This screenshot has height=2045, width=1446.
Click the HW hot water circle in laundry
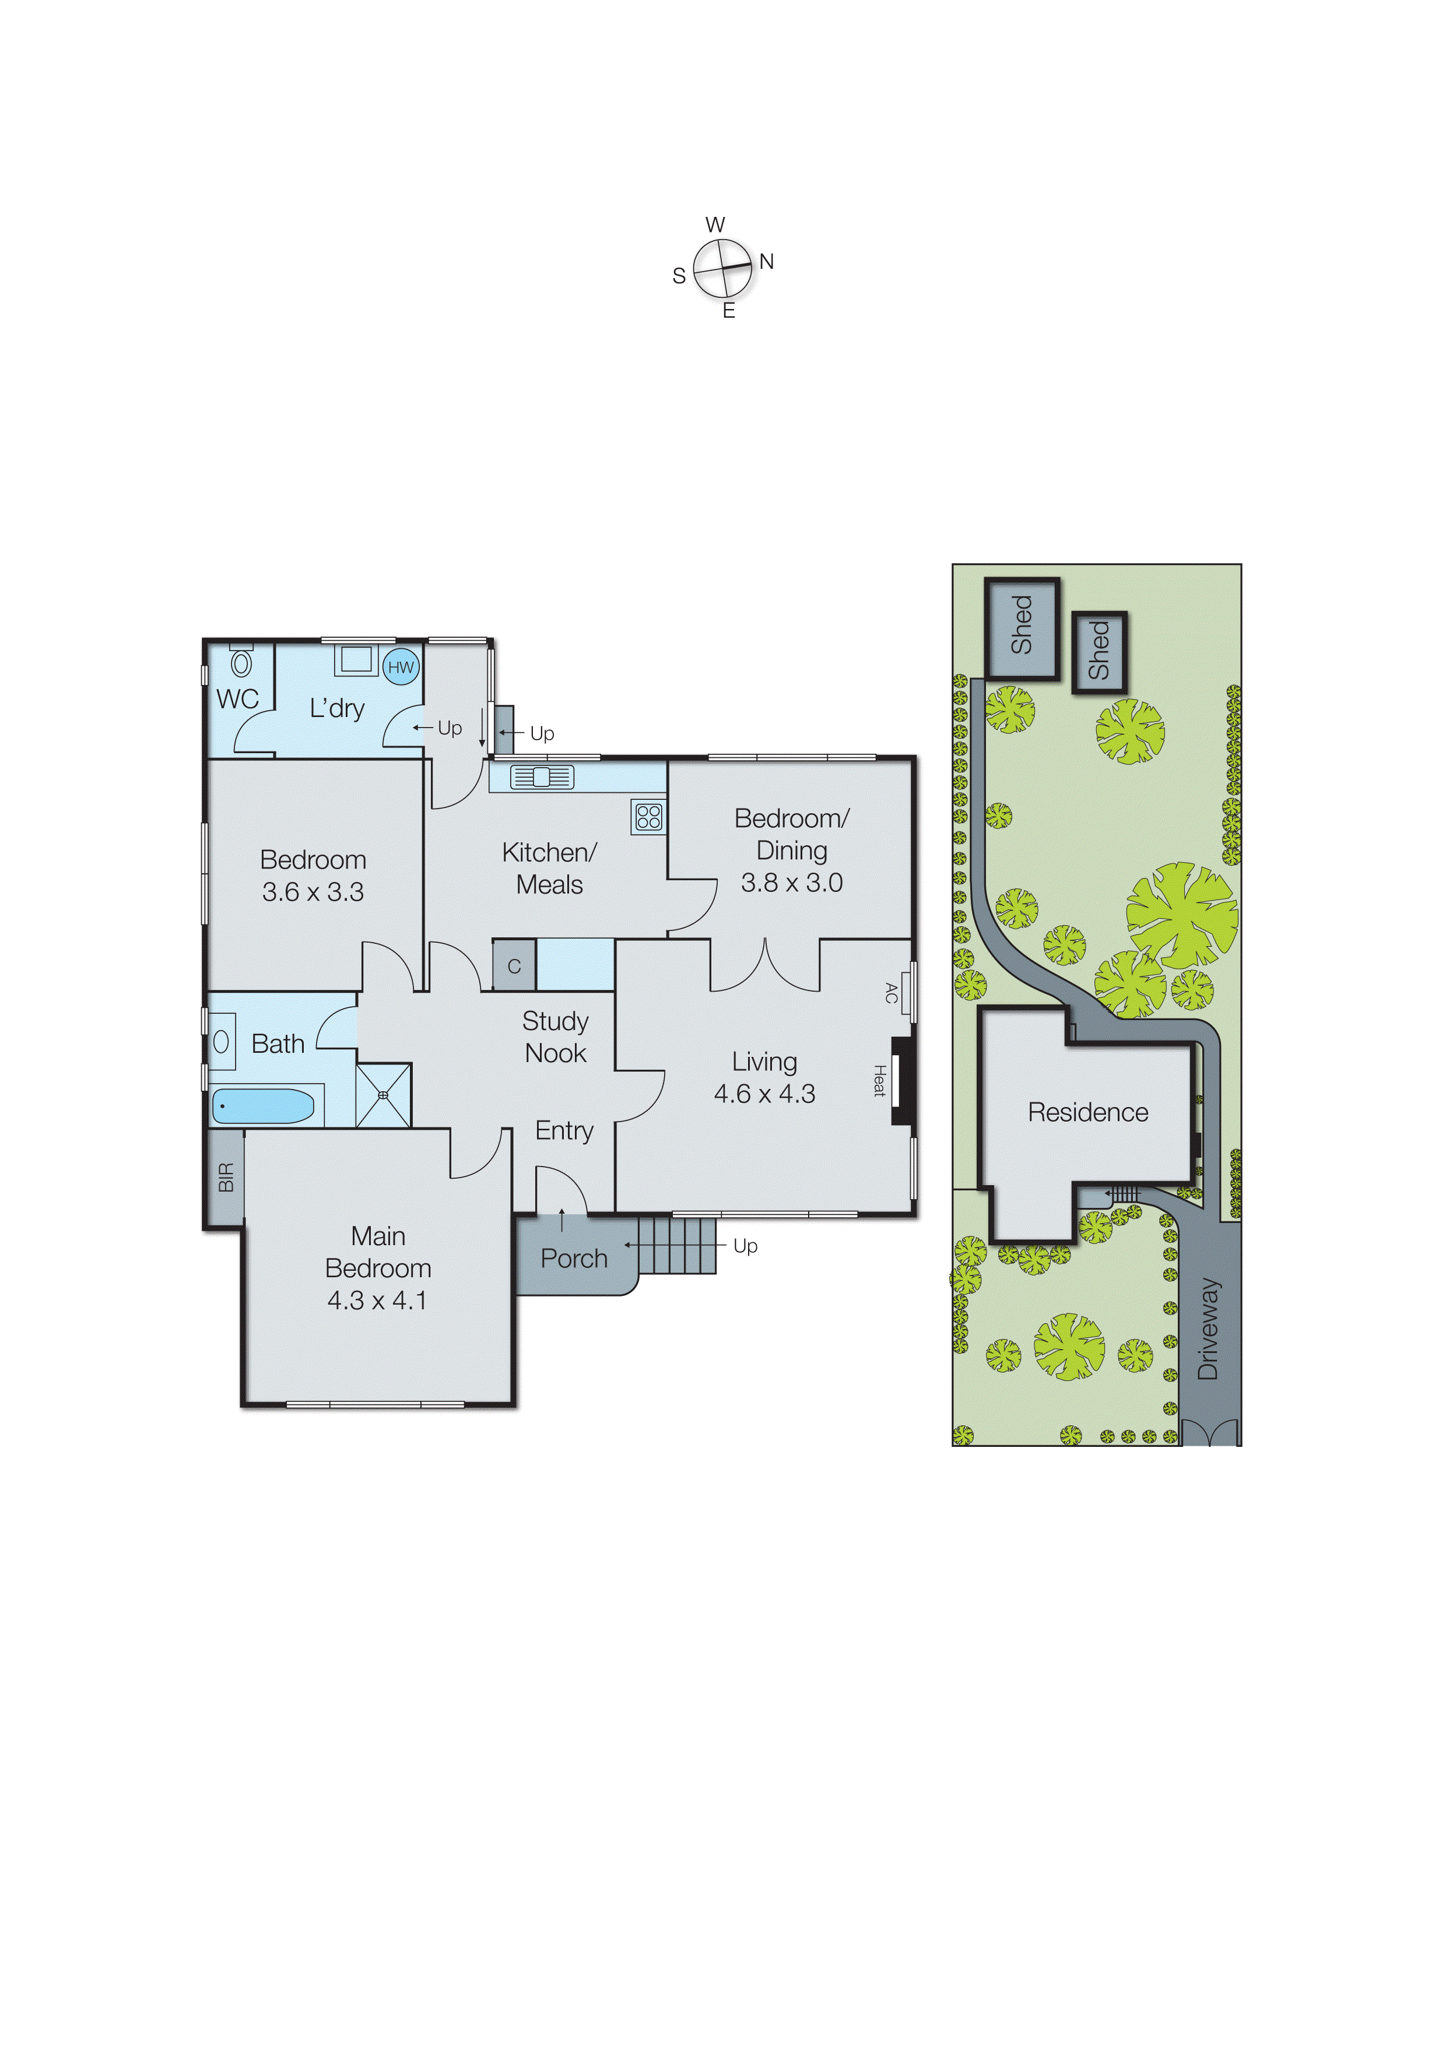click(401, 667)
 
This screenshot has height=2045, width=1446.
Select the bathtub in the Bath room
click(263, 1107)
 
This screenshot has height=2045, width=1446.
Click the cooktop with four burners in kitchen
click(648, 817)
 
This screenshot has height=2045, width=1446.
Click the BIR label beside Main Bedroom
click(226, 1178)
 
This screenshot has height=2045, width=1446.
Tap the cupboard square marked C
click(514, 965)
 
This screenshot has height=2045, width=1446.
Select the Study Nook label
click(555, 1036)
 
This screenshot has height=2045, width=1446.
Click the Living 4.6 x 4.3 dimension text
click(764, 1094)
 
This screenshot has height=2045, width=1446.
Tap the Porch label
click(574, 1259)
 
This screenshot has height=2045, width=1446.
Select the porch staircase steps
click(677, 1245)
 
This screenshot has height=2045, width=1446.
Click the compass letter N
click(766, 262)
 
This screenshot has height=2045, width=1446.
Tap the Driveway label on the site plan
click(1208, 1329)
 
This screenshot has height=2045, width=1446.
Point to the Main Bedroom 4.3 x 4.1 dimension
click(377, 1301)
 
